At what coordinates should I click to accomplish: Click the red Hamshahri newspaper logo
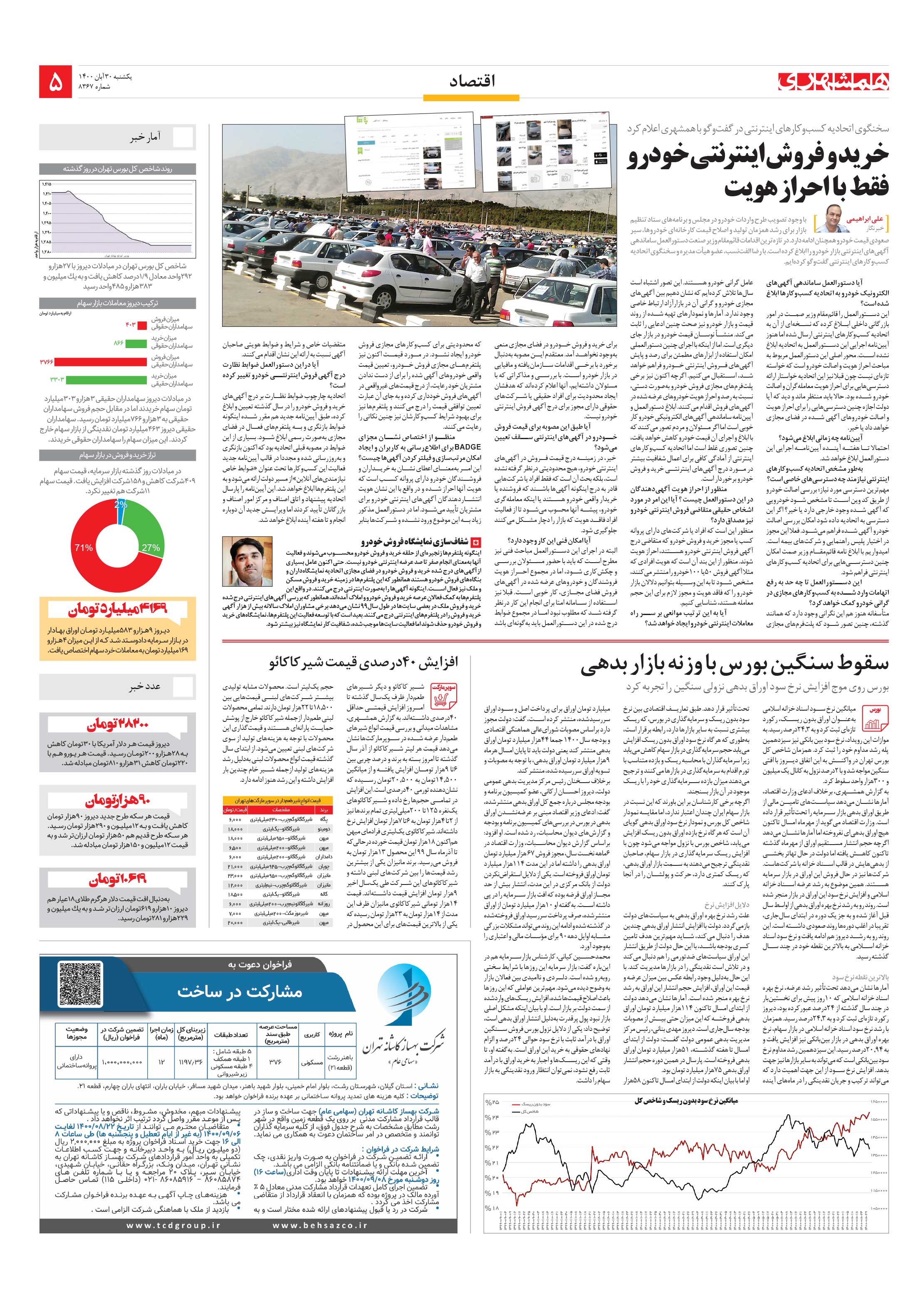click(833, 83)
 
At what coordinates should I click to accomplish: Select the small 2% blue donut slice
click(121, 505)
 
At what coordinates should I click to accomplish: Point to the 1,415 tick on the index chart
click(46, 184)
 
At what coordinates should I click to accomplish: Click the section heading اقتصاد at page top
click(472, 82)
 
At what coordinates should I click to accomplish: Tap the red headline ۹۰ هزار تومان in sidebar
click(118, 801)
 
